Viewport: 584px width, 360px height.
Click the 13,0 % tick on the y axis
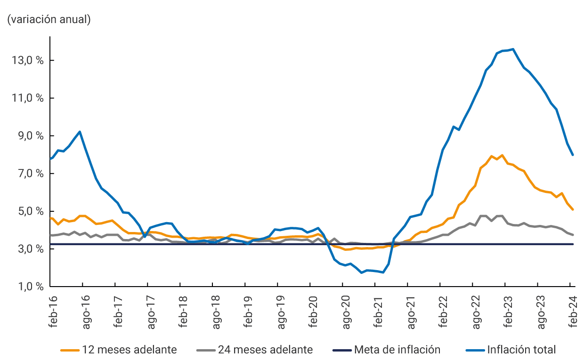point(26,61)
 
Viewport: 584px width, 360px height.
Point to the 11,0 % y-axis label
point(26,98)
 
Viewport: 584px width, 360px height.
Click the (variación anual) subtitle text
point(49,20)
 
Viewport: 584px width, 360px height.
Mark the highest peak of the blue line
point(513,49)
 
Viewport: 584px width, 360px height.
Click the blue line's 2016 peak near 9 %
point(80,132)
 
